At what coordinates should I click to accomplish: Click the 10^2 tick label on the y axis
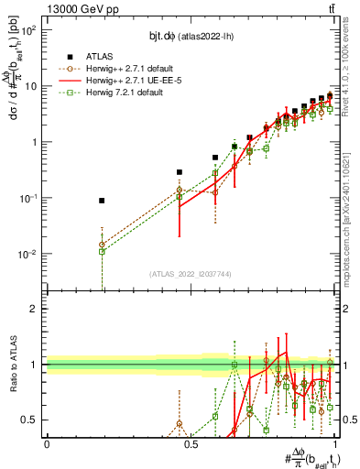point(28,30)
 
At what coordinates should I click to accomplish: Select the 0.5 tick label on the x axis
point(191,444)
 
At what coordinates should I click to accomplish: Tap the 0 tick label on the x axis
point(47,444)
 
